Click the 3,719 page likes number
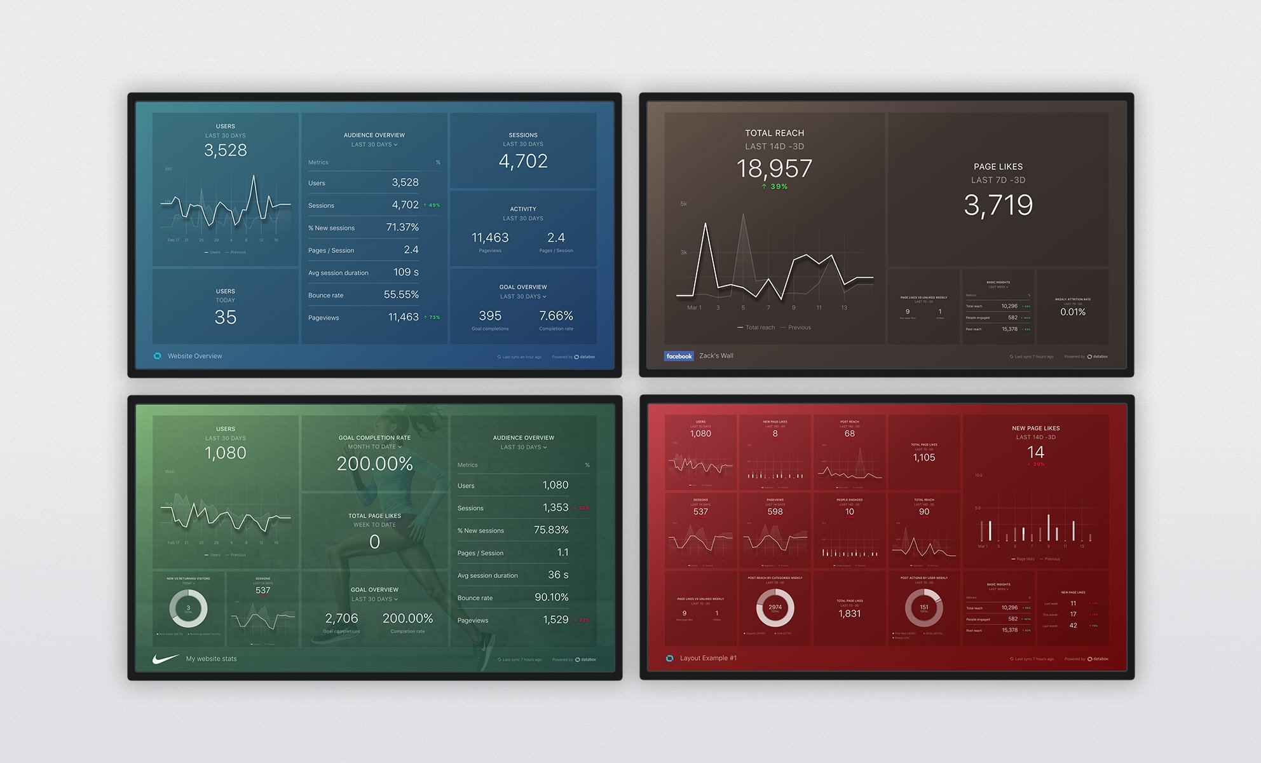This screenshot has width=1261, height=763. pyautogui.click(x=998, y=205)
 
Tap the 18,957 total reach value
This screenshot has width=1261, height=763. pyautogui.click(x=774, y=168)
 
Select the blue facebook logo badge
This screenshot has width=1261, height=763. pyautogui.click(x=679, y=356)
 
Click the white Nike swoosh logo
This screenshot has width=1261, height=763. pyautogui.click(x=165, y=659)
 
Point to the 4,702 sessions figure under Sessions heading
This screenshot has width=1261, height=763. pyautogui.click(x=523, y=162)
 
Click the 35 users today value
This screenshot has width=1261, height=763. pyautogui.click(x=225, y=317)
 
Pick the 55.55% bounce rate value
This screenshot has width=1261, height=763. pyautogui.click(x=401, y=294)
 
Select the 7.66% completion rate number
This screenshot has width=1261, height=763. pyautogui.click(x=556, y=316)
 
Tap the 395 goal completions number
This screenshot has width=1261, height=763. pyautogui.click(x=489, y=316)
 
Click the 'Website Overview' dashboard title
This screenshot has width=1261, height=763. pyautogui.click(x=194, y=356)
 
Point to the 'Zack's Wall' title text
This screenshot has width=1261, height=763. pyautogui.click(x=716, y=356)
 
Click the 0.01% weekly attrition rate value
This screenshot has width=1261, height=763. pyautogui.click(x=1073, y=312)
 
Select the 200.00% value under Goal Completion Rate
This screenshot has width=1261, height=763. pyautogui.click(x=375, y=464)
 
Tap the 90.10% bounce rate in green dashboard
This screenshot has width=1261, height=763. pyautogui.click(x=551, y=597)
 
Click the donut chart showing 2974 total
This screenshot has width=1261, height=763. pyautogui.click(x=775, y=607)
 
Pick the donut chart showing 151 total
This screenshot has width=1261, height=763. pyautogui.click(x=924, y=607)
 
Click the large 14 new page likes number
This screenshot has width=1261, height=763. pyautogui.click(x=1035, y=453)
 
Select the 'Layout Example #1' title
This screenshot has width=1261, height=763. pyautogui.click(x=708, y=658)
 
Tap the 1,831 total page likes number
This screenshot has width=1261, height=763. pyautogui.click(x=849, y=614)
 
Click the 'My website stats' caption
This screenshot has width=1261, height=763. pyautogui.click(x=211, y=659)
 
